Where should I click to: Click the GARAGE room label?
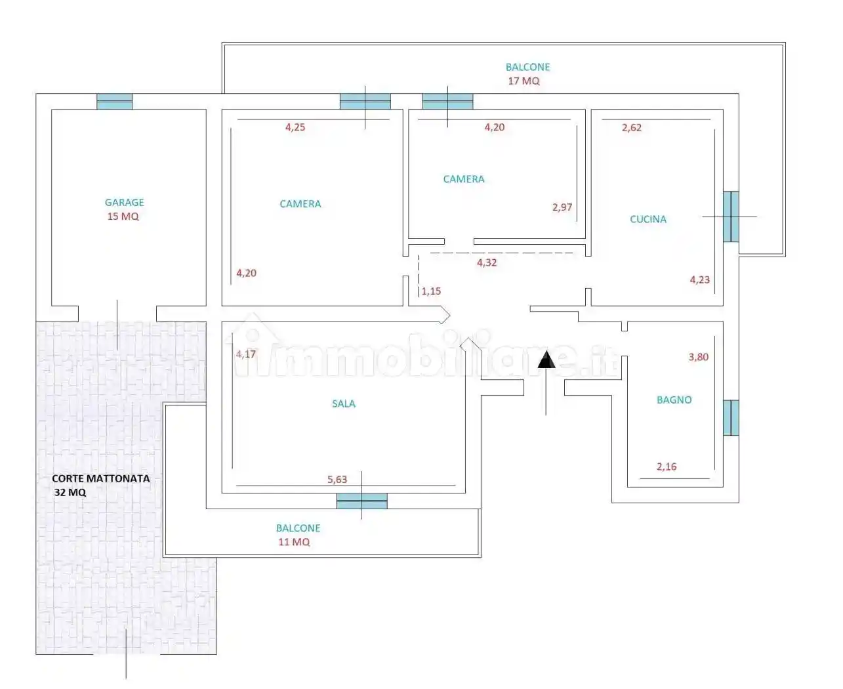pos(124,202)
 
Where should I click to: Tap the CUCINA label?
pos(648,219)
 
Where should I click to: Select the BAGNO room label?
pos(674,400)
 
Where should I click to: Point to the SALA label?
pos(343,404)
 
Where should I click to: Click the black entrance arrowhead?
pos(546,359)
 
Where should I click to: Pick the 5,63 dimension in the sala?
pos(337,479)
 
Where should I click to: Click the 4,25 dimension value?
pos(295,127)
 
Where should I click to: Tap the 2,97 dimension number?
pos(562,207)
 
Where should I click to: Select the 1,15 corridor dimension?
pos(431,291)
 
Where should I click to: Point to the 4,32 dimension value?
pos(487,262)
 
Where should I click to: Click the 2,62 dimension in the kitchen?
pos(631,127)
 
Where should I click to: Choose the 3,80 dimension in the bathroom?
pos(698,357)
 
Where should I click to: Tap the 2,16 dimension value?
pos(667,467)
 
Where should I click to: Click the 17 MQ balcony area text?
pos(524,81)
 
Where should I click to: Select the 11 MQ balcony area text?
pos(294,542)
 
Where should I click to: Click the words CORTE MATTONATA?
pos(101,478)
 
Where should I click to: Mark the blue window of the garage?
pos(114,102)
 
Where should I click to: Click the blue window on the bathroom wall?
pos(731,417)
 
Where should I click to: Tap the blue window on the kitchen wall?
pos(731,217)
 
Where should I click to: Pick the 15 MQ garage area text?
pos(123,217)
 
